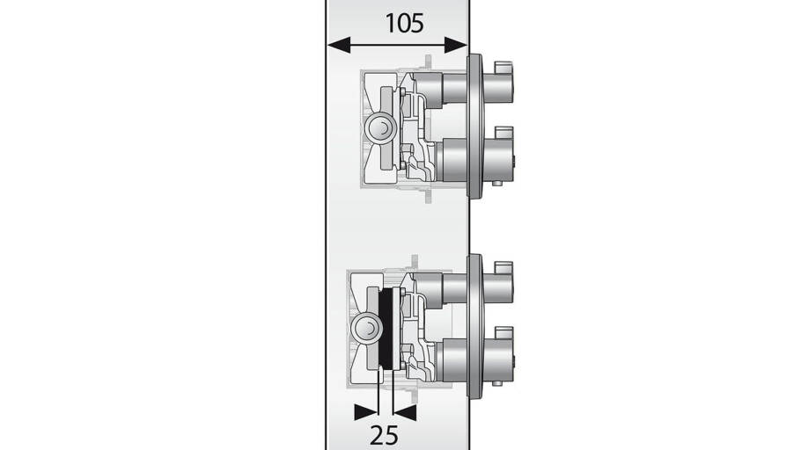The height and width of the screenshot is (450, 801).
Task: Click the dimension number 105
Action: pos(404,24)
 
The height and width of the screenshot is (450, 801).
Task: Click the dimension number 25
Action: pos(384,436)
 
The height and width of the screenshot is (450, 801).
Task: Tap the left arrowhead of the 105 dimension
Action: pos(339,45)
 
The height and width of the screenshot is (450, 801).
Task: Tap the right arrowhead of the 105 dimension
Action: pos(456,45)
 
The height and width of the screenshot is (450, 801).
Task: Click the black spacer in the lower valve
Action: pos(386,328)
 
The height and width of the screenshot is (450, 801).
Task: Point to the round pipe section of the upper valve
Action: pos(379,127)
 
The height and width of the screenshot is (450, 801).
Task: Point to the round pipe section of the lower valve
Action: pos(366,328)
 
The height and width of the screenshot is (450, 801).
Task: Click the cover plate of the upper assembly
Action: pos(474,126)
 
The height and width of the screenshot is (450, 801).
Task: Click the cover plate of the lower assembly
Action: pos(474,325)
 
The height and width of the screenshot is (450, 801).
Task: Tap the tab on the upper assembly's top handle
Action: pos(503,67)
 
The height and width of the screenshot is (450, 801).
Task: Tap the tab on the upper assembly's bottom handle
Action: pos(503,133)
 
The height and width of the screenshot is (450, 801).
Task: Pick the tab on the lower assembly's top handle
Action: pos(503,267)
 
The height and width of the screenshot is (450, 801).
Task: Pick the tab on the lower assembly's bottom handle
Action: pos(503,333)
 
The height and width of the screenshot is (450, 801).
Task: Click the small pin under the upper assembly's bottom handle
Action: pos(496,183)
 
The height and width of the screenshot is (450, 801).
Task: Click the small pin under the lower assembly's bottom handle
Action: pos(496,383)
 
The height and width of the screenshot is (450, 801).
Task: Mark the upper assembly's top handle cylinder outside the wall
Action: pos(497,87)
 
